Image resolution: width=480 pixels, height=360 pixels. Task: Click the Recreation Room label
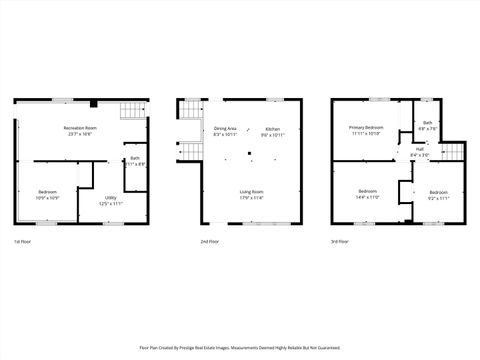tap(80, 128)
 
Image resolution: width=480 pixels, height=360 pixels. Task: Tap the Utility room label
tap(111, 198)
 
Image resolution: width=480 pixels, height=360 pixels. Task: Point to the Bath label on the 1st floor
tap(135, 158)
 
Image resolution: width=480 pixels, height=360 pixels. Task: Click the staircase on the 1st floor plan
tap(132, 110)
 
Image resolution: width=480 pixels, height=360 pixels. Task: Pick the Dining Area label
tap(225, 128)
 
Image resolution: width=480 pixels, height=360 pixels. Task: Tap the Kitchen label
tap(273, 128)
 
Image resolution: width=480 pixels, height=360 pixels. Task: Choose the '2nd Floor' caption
tap(210, 242)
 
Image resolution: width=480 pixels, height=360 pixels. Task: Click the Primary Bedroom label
tap(366, 128)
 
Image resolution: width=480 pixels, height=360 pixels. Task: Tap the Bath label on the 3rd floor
tap(428, 123)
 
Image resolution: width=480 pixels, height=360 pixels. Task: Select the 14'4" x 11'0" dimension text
tap(368, 197)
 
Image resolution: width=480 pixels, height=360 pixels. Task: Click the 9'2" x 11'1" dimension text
tap(439, 197)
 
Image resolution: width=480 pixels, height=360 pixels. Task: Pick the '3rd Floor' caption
tap(341, 242)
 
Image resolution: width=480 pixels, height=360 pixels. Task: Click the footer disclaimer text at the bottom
tap(240, 348)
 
